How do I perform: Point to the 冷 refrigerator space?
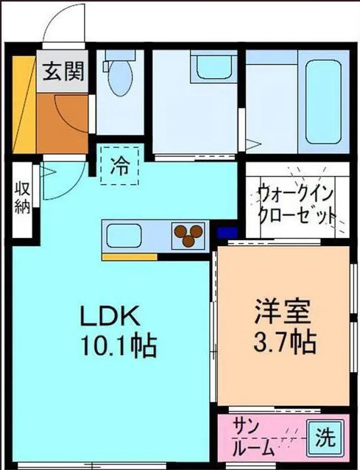click(x=118, y=165)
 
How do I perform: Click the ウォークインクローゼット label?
click(x=296, y=206)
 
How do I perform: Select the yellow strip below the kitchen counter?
click(x=130, y=257)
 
